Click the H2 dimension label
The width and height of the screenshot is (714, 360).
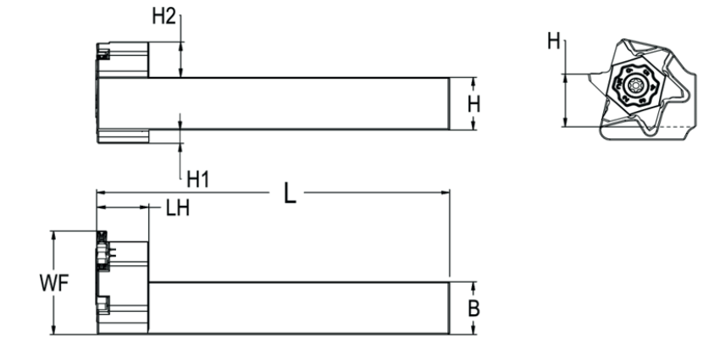[163, 16]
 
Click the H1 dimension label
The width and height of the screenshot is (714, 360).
[197, 180]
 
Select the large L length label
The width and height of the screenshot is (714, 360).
[290, 193]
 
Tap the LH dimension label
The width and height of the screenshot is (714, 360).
[178, 208]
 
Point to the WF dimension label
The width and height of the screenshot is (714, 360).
[54, 283]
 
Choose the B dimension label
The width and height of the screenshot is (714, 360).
[474, 308]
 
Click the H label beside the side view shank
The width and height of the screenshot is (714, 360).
[474, 105]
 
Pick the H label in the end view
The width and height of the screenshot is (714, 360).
[554, 42]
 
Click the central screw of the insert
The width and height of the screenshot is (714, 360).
[634, 85]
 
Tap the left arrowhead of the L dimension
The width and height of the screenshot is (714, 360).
[101, 193]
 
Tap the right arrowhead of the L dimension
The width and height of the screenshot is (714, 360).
[445, 193]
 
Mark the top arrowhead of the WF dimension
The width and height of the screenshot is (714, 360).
[53, 235]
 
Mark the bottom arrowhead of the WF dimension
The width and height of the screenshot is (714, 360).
[53, 330]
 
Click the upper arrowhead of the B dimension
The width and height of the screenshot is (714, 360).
[473, 287]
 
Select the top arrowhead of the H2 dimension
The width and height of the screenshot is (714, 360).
[180, 47]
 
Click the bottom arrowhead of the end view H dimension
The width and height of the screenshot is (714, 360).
[565, 121]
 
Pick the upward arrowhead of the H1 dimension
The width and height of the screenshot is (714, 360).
[180, 147]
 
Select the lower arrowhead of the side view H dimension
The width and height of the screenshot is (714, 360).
[473, 125]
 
